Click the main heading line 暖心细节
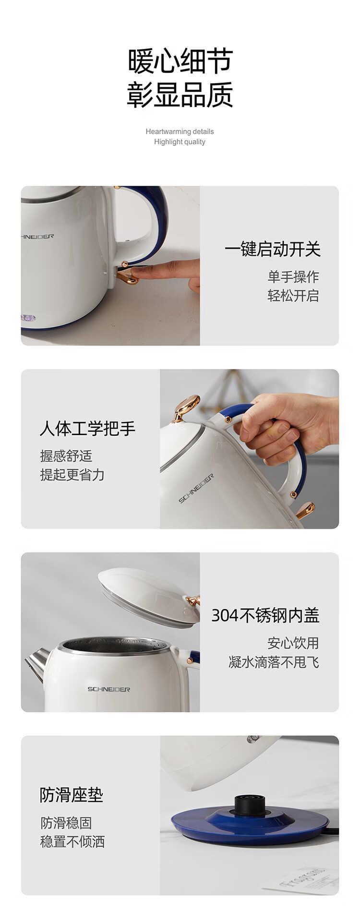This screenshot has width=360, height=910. (x=180, y=61)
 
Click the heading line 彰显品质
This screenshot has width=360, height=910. (x=180, y=95)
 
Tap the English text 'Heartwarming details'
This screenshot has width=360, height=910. (x=180, y=132)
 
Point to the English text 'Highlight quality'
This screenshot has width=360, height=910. (x=180, y=142)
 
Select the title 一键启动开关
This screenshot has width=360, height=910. (x=272, y=249)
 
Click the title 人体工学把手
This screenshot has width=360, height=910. (x=87, y=428)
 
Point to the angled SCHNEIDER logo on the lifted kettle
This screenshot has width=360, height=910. (x=196, y=488)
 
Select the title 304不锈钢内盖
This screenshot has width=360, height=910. (x=265, y=615)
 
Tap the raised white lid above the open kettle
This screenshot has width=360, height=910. (x=149, y=597)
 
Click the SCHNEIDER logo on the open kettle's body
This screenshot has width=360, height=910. (x=108, y=689)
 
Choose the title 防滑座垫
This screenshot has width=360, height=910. (x=71, y=795)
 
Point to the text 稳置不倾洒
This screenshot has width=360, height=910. (x=72, y=841)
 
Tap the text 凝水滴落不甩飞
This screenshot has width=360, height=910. (x=274, y=662)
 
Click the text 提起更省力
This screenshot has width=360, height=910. (x=72, y=475)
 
